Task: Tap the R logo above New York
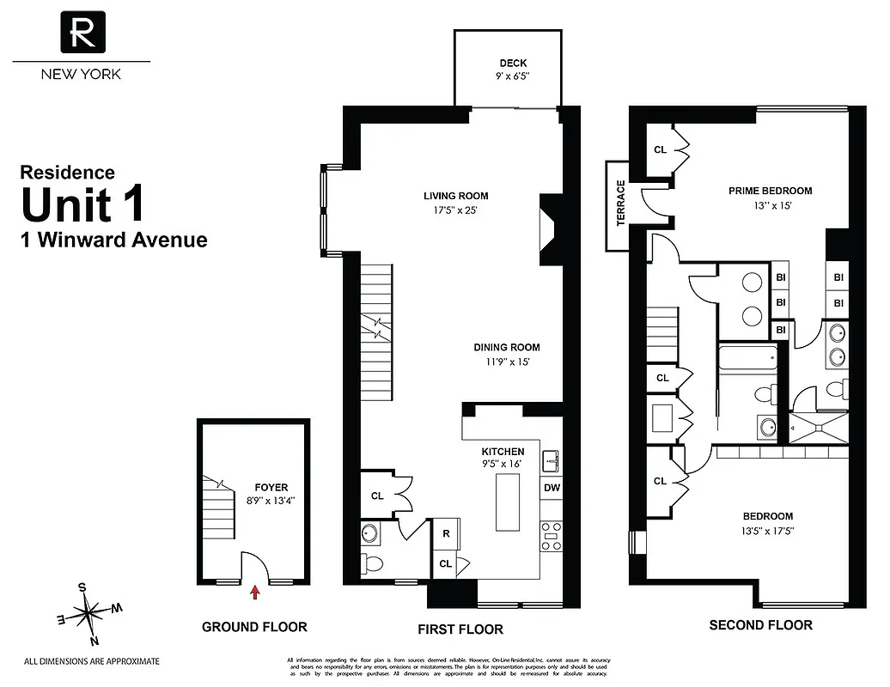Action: point(82,32)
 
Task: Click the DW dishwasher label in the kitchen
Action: point(552,488)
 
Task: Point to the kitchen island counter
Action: point(508,501)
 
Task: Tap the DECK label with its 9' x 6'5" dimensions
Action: point(513,70)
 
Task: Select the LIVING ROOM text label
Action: point(455,196)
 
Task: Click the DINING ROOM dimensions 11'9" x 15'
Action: point(507,362)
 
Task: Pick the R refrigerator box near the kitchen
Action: point(446,533)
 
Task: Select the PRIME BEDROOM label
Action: point(770,191)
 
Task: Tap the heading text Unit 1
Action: point(82,205)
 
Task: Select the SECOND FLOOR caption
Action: point(760,625)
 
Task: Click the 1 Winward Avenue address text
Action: point(113,240)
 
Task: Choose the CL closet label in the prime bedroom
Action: point(660,149)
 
